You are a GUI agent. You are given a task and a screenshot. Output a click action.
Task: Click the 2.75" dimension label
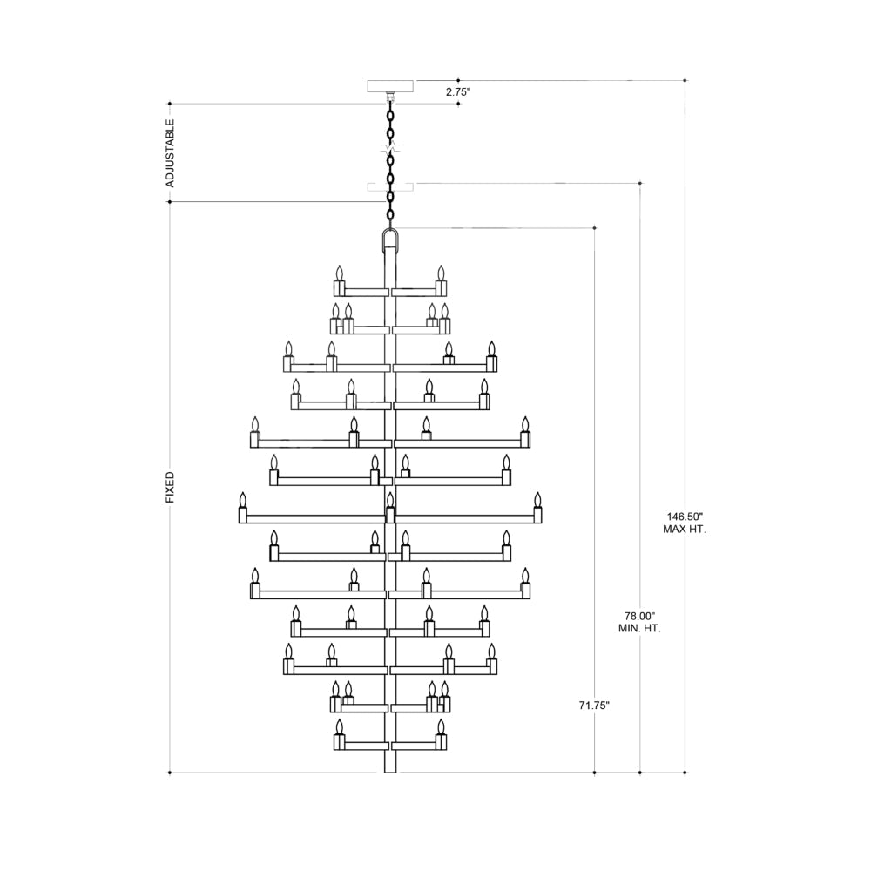[458, 92]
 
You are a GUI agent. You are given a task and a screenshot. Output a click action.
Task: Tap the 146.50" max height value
[685, 517]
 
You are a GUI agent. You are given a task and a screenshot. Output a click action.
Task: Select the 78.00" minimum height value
[640, 616]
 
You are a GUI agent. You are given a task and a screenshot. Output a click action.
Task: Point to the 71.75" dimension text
[594, 706]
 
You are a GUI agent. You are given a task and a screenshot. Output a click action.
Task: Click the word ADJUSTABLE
[170, 152]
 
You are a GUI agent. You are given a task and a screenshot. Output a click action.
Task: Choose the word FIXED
[170, 488]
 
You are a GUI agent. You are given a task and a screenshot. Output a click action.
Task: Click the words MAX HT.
[685, 530]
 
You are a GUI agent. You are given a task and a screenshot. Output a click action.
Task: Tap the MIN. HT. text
[639, 629]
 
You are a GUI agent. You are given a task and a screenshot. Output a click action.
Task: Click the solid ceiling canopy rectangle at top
[391, 86]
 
